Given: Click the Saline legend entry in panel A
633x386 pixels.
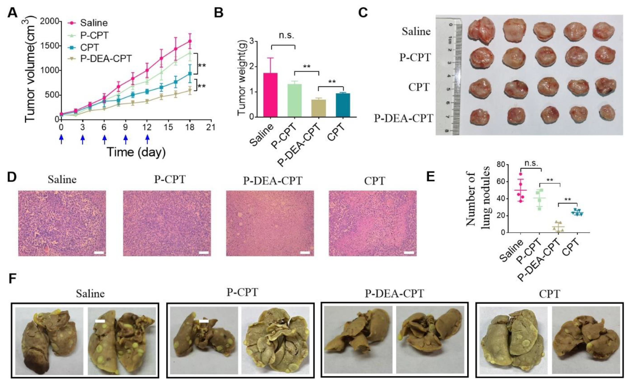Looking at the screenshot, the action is (x=88, y=23).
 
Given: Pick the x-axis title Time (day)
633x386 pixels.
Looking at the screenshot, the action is (x=136, y=152).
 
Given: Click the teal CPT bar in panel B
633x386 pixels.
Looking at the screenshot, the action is (x=343, y=105).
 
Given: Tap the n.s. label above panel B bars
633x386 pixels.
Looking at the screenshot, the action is (x=286, y=36).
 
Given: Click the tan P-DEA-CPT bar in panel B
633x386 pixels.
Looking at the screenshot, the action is (x=319, y=108).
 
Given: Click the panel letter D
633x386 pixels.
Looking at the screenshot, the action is (x=12, y=177).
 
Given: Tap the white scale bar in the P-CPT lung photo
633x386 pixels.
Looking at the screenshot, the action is (x=204, y=321).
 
